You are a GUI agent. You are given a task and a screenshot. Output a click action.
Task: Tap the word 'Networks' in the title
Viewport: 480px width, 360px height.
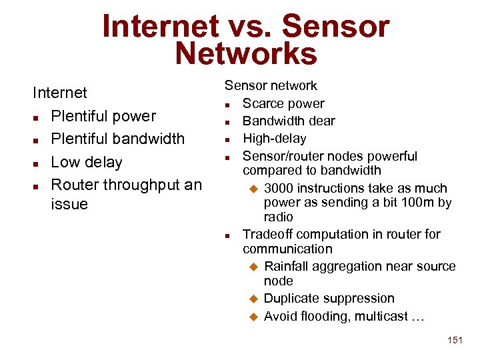point(246,54)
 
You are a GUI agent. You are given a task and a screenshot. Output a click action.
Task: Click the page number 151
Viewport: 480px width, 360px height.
point(455,341)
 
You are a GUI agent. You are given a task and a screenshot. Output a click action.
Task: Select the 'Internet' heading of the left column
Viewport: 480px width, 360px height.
point(60,93)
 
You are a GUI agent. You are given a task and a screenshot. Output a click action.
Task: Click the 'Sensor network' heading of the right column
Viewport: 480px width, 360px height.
point(271,85)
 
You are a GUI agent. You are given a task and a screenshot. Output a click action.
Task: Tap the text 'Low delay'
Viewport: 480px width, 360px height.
point(87,162)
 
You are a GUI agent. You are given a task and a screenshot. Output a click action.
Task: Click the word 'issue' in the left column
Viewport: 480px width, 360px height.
point(69,204)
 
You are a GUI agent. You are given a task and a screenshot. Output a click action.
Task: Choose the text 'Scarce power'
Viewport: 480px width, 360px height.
point(283,103)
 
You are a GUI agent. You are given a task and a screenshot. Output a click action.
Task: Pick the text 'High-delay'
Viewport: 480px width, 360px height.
point(274,139)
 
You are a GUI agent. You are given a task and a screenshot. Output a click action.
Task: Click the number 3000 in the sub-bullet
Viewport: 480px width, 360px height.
point(281,188)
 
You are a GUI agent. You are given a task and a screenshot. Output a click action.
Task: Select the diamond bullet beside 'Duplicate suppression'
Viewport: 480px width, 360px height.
point(253,299)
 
